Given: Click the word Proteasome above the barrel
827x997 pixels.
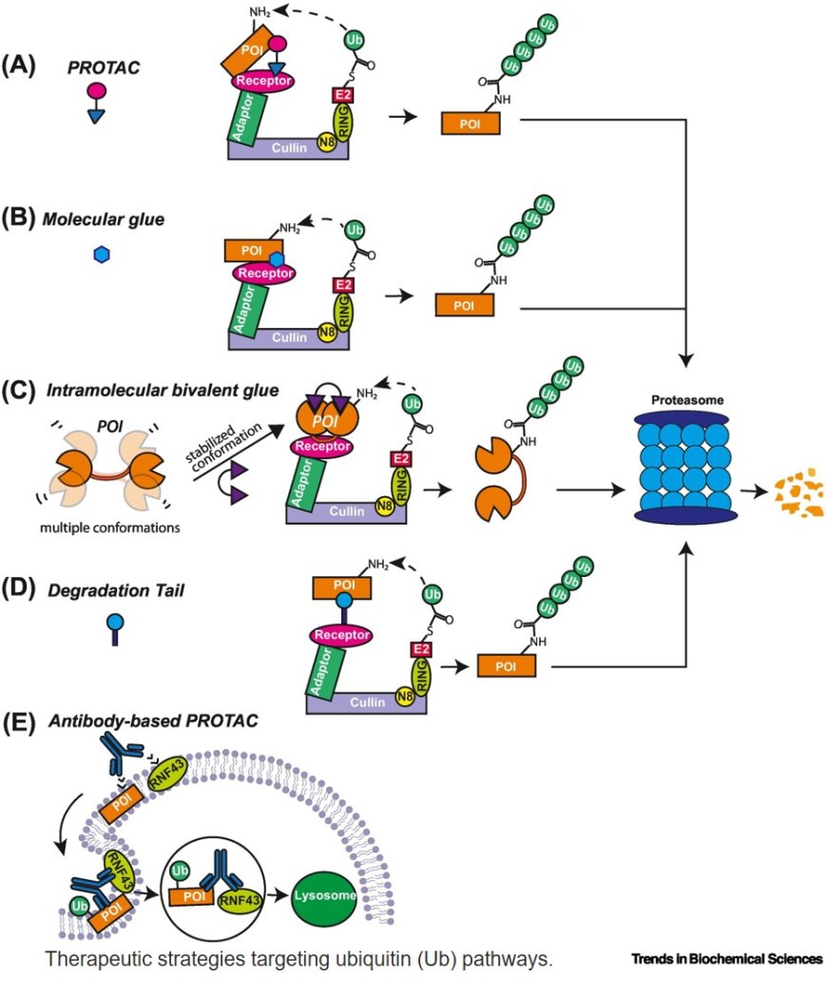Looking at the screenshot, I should pyautogui.click(x=682, y=402).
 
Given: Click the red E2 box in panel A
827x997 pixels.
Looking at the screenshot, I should pyautogui.click(x=344, y=95).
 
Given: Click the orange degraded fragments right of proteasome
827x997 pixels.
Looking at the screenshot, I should pyautogui.click(x=797, y=492).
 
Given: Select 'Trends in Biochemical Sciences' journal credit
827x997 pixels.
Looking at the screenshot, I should pyautogui.click(x=727, y=959).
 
